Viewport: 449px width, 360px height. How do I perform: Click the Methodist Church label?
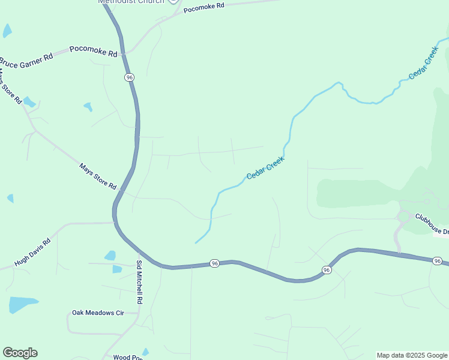click(130, 2)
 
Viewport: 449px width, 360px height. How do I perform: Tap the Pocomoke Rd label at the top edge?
click(203, 8)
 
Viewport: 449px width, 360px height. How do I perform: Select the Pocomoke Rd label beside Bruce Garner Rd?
click(93, 51)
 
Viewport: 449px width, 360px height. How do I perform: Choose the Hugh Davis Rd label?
click(32, 252)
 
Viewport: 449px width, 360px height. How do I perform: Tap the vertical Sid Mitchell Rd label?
click(139, 282)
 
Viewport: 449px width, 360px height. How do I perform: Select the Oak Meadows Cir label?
click(97, 313)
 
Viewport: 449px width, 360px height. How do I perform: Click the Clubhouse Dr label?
click(432, 226)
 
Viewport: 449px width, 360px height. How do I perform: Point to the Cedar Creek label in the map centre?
click(265, 169)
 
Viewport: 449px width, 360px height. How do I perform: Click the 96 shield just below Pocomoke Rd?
click(129, 77)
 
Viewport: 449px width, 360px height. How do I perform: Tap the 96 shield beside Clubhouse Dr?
click(438, 260)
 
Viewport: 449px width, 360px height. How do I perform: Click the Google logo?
click(20, 353)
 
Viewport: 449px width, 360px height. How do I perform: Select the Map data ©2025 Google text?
click(412, 355)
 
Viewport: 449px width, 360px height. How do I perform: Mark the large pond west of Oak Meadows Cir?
click(22, 304)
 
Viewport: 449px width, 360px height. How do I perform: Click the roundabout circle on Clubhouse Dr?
click(403, 217)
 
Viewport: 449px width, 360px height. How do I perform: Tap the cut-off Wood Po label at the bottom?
click(127, 357)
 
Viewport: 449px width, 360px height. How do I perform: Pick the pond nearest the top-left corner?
click(7, 31)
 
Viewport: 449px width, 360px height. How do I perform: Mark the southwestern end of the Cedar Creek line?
click(196, 242)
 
